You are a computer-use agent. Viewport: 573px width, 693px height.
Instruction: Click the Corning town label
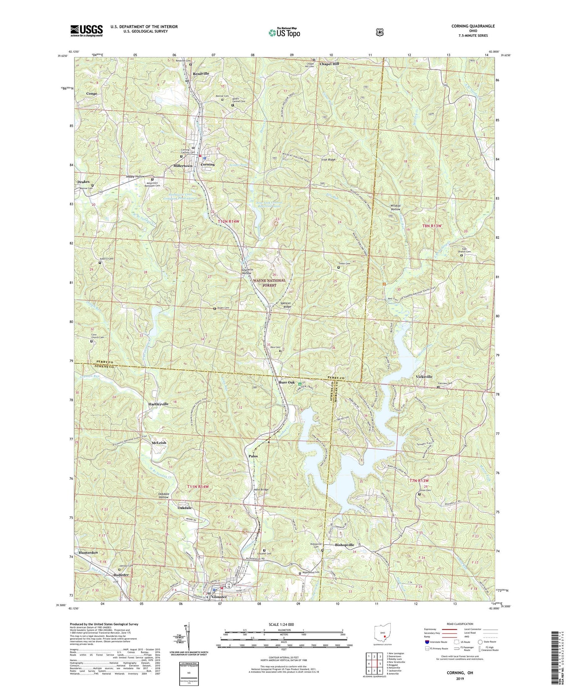[207, 164]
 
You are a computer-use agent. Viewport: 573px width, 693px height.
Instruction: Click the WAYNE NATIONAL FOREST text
[269, 282]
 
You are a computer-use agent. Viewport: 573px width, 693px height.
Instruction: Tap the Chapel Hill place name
[329, 64]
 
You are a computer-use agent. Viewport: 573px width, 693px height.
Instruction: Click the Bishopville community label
[345, 545]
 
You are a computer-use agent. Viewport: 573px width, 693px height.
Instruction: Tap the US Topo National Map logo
[284, 32]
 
